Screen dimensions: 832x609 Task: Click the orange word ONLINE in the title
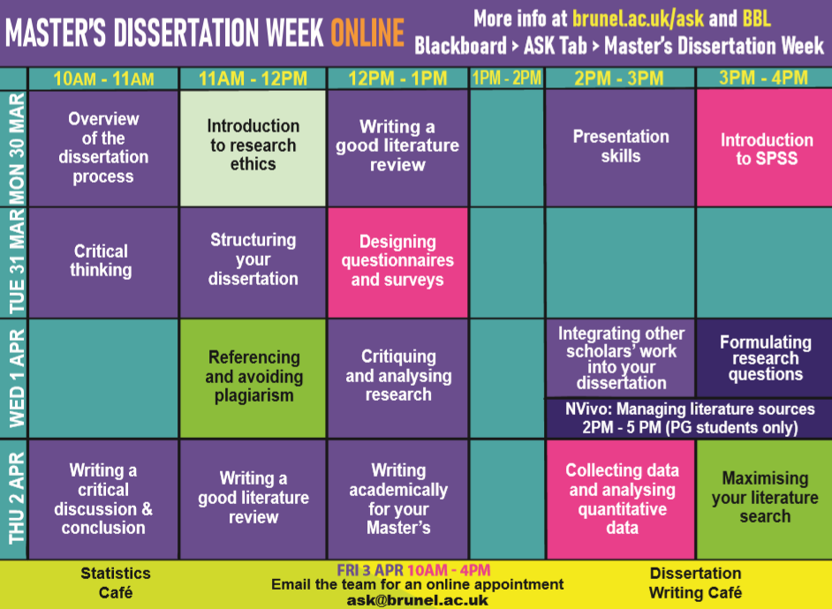[367, 33]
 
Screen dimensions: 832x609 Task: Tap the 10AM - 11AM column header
[103, 79]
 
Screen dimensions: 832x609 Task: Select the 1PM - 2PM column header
[507, 78]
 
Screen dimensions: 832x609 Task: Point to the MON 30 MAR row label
[17, 148]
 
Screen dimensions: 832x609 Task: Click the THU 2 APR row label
[17, 498]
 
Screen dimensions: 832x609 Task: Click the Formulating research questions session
[765, 357]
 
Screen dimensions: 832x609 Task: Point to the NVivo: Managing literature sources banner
[689, 418]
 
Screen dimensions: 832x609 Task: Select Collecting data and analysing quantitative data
[621, 500]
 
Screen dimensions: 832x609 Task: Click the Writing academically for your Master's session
[398, 500]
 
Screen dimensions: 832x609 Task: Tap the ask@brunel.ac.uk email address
[417, 600]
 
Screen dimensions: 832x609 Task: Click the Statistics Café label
[116, 583]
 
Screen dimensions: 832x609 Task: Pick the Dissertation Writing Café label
[696, 583]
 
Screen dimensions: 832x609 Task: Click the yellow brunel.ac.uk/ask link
[638, 19]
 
